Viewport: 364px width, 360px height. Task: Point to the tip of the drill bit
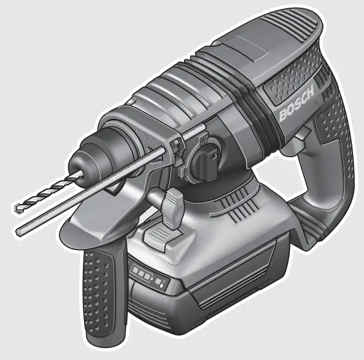tap(16, 208)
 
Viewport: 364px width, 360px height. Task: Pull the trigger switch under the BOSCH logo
tap(301, 137)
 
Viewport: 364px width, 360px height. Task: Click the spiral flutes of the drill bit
tap(47, 192)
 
